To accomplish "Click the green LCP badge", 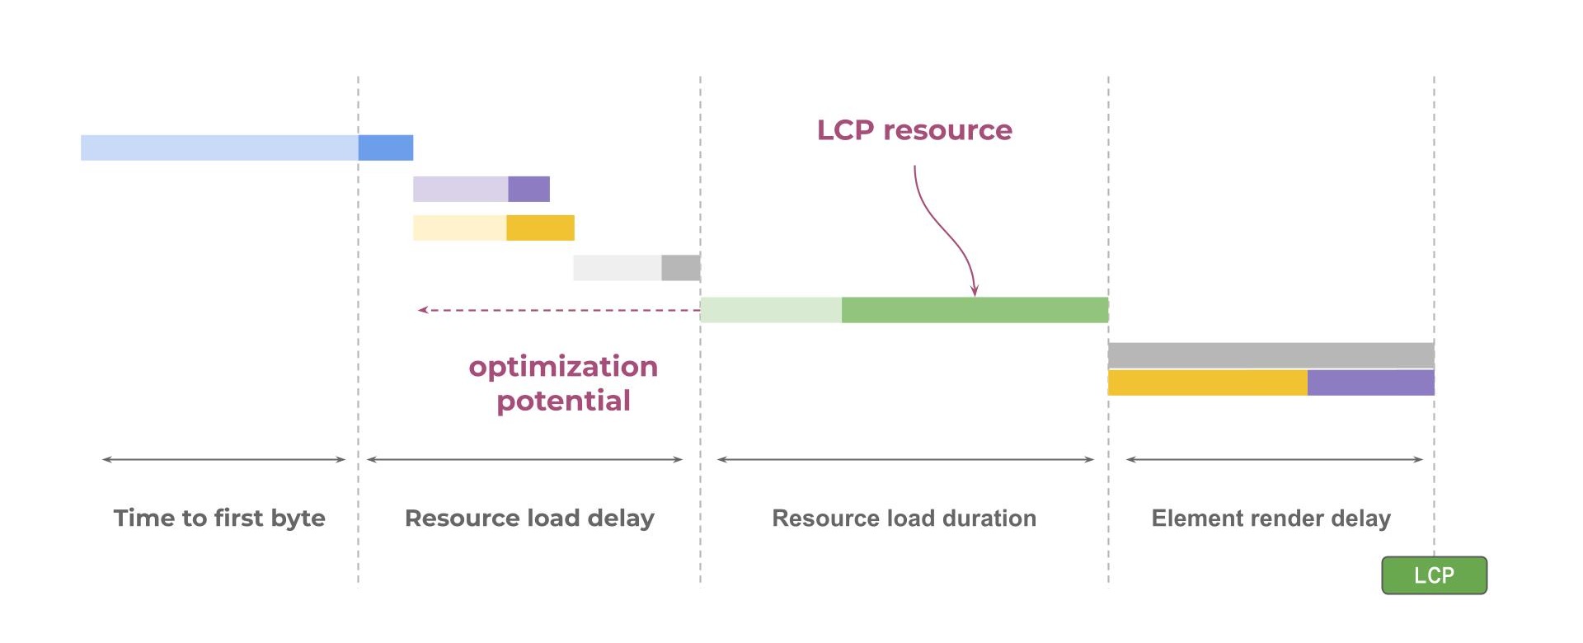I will coord(1434,575).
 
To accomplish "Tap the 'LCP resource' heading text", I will coord(914,130).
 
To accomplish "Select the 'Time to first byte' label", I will coord(219,518).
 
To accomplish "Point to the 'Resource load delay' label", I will coord(529,518).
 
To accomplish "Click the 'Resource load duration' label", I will coord(904,518).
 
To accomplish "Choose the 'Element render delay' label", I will coord(1271,518).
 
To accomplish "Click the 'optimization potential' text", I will coord(563,383).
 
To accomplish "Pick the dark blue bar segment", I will coord(386,148).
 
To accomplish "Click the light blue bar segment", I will coord(219,148).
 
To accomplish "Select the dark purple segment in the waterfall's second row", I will coord(528,189).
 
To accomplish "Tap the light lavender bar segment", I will coord(460,189).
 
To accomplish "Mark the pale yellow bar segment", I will coord(459,228).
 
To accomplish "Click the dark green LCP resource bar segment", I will coord(975,310).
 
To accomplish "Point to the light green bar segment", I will coord(771,310).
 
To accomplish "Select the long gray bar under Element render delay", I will coord(1271,354).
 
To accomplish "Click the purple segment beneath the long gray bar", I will coord(1370,383).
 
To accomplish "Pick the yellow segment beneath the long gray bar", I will coord(1207,383).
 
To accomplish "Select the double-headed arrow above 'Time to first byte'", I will coord(223,459).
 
